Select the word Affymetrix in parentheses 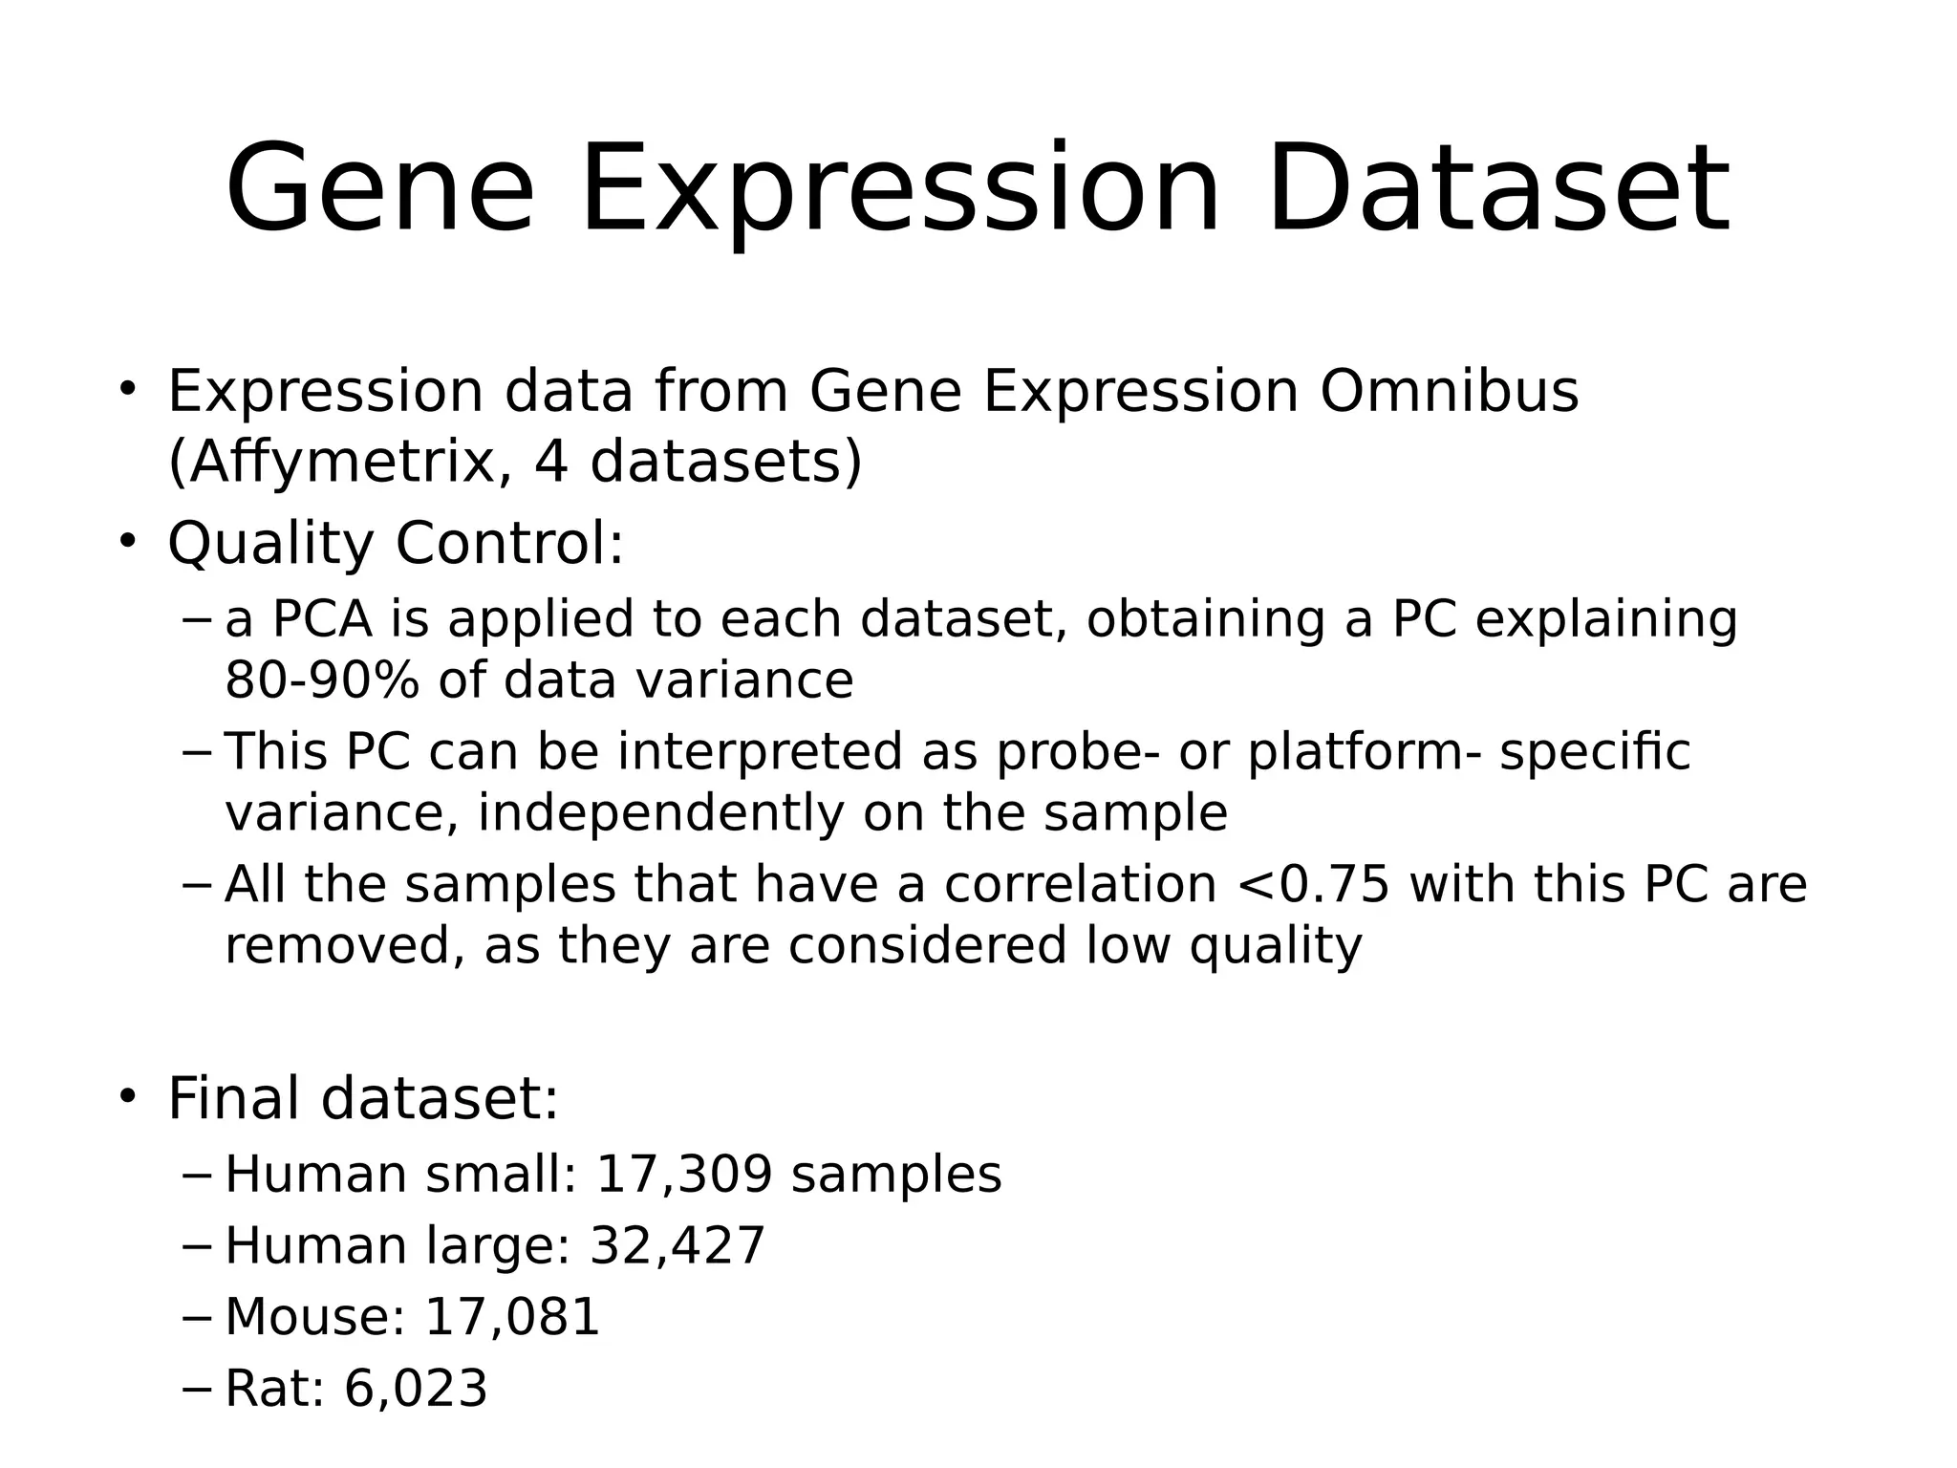(x=333, y=463)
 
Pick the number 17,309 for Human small (x=683, y=1174)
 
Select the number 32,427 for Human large (x=677, y=1245)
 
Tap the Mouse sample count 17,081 (x=511, y=1316)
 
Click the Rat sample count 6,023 (x=416, y=1388)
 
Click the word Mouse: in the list (x=316, y=1316)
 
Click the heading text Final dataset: (x=363, y=1098)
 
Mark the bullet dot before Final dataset (x=128, y=1096)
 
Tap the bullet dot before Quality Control (x=128, y=541)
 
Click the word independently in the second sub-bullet (x=660, y=813)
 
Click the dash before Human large (x=196, y=1245)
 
